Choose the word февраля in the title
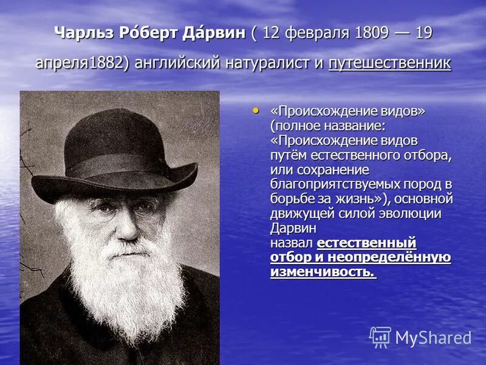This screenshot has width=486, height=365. [316, 33]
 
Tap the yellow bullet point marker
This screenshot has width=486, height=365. [255, 111]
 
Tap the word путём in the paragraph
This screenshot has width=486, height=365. [289, 155]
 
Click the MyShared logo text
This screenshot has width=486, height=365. [433, 338]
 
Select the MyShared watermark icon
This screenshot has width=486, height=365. [380, 336]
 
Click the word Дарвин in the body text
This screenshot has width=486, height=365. [293, 228]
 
